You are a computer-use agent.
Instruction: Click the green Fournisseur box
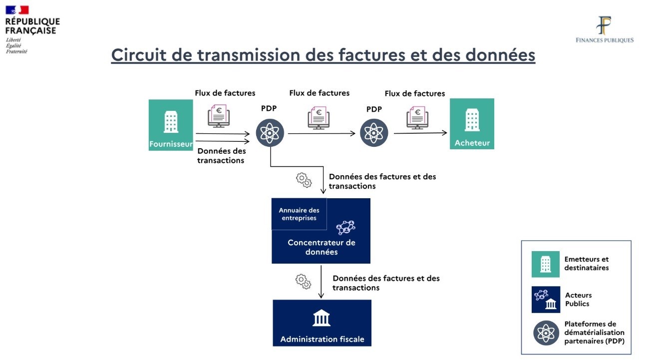tap(171, 125)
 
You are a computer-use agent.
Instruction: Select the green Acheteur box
tap(472, 123)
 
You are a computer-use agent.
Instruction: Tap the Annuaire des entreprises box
tap(299, 214)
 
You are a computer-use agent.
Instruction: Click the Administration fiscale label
tap(322, 339)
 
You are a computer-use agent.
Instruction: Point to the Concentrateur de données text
tap(322, 247)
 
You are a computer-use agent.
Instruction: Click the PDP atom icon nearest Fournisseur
tap(270, 133)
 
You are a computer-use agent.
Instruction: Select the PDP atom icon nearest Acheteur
tap(374, 133)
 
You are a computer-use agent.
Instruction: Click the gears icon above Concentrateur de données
tap(304, 180)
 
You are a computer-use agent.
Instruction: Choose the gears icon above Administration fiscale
tap(304, 282)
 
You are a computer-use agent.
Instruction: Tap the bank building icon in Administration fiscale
tap(322, 318)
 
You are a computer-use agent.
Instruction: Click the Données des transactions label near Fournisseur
tap(221, 155)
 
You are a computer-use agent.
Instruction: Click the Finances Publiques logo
tap(605, 29)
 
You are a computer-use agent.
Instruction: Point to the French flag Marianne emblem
tap(17, 10)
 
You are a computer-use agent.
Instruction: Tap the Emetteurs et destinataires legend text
tap(586, 263)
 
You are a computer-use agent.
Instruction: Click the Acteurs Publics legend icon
tap(546, 299)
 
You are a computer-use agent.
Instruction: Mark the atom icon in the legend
tap(546, 333)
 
